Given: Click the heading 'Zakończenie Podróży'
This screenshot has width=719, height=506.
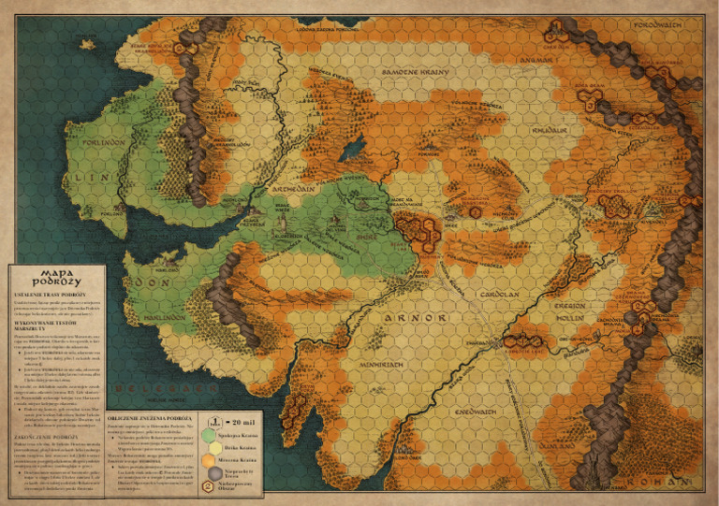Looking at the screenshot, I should click(46, 436).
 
